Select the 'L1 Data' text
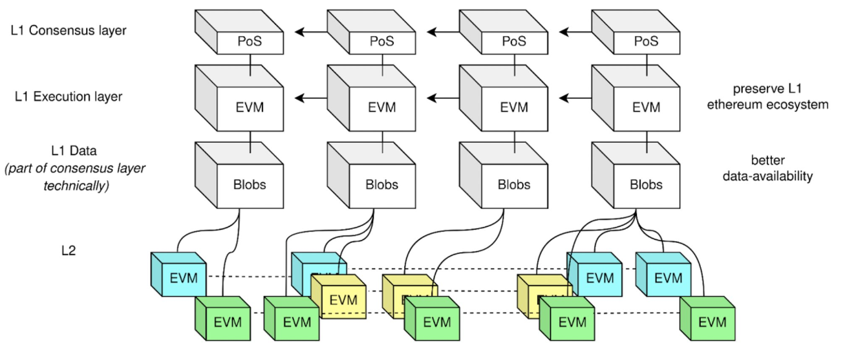click(x=74, y=152)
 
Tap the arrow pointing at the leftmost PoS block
click(x=310, y=30)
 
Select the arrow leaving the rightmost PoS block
click(x=575, y=30)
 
